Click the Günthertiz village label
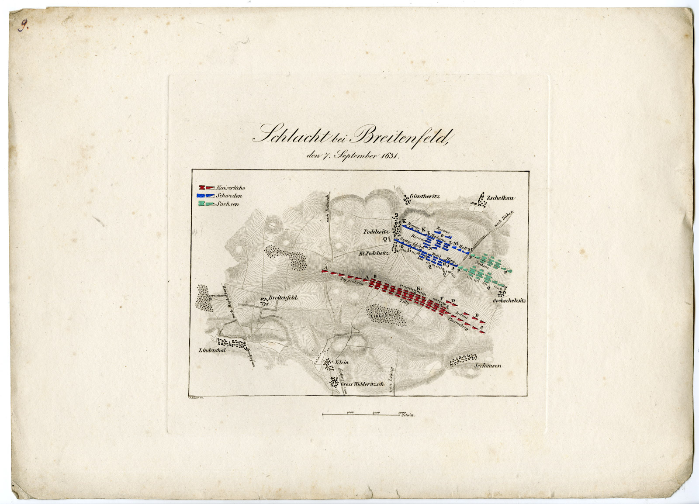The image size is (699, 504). pos(426,197)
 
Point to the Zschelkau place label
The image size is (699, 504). pos(501,198)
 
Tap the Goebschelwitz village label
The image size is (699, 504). pos(509,301)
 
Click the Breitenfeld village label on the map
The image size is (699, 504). pos(283,297)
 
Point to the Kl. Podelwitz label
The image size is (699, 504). pos(374,253)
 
